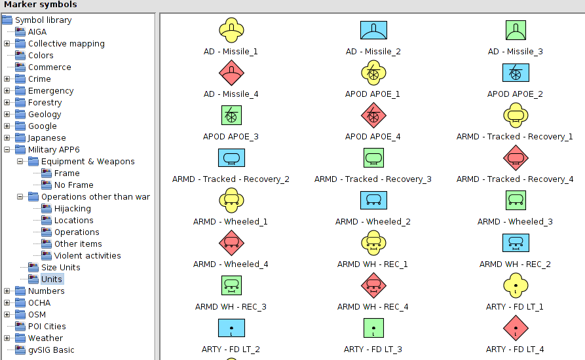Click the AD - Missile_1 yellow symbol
(x=231, y=30)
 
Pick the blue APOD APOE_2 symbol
(x=515, y=73)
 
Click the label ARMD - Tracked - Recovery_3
(x=373, y=179)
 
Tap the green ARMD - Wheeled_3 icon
(x=515, y=200)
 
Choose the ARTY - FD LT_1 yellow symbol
(x=515, y=285)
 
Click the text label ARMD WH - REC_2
(x=515, y=264)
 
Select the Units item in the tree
(x=51, y=279)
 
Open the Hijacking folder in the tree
(x=72, y=208)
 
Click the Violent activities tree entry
(x=87, y=255)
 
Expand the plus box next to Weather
(x=7, y=338)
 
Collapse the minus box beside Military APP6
(x=7, y=149)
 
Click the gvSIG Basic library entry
(x=50, y=350)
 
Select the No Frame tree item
(x=73, y=185)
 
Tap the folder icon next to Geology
(x=20, y=114)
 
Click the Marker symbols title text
(x=41, y=5)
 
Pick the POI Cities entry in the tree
(x=47, y=326)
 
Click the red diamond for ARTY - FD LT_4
(x=515, y=328)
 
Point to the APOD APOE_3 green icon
(x=231, y=115)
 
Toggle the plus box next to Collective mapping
(x=7, y=44)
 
